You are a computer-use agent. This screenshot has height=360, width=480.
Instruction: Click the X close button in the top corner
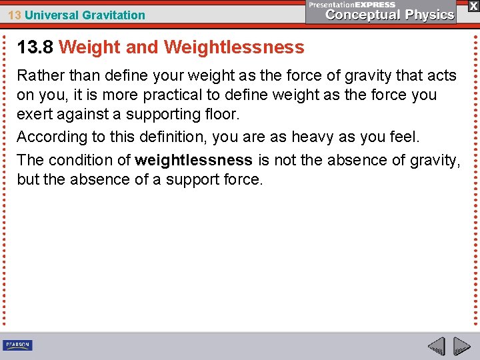click(473, 5)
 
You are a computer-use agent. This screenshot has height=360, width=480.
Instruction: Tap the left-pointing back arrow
click(436, 346)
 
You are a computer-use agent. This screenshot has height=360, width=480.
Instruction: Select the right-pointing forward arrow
click(461, 346)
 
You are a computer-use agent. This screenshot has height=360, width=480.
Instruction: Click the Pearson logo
click(17, 345)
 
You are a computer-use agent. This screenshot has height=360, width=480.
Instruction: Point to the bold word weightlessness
click(193, 160)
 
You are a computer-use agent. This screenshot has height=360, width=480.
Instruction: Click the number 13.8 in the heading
click(35, 47)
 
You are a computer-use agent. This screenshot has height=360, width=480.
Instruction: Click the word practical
click(195, 95)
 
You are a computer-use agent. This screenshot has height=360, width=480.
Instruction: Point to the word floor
click(221, 114)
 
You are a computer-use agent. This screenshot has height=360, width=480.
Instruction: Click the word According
click(52, 137)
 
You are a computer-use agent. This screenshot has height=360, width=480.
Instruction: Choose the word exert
click(34, 114)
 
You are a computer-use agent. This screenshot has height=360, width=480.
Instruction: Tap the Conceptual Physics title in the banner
click(390, 15)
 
